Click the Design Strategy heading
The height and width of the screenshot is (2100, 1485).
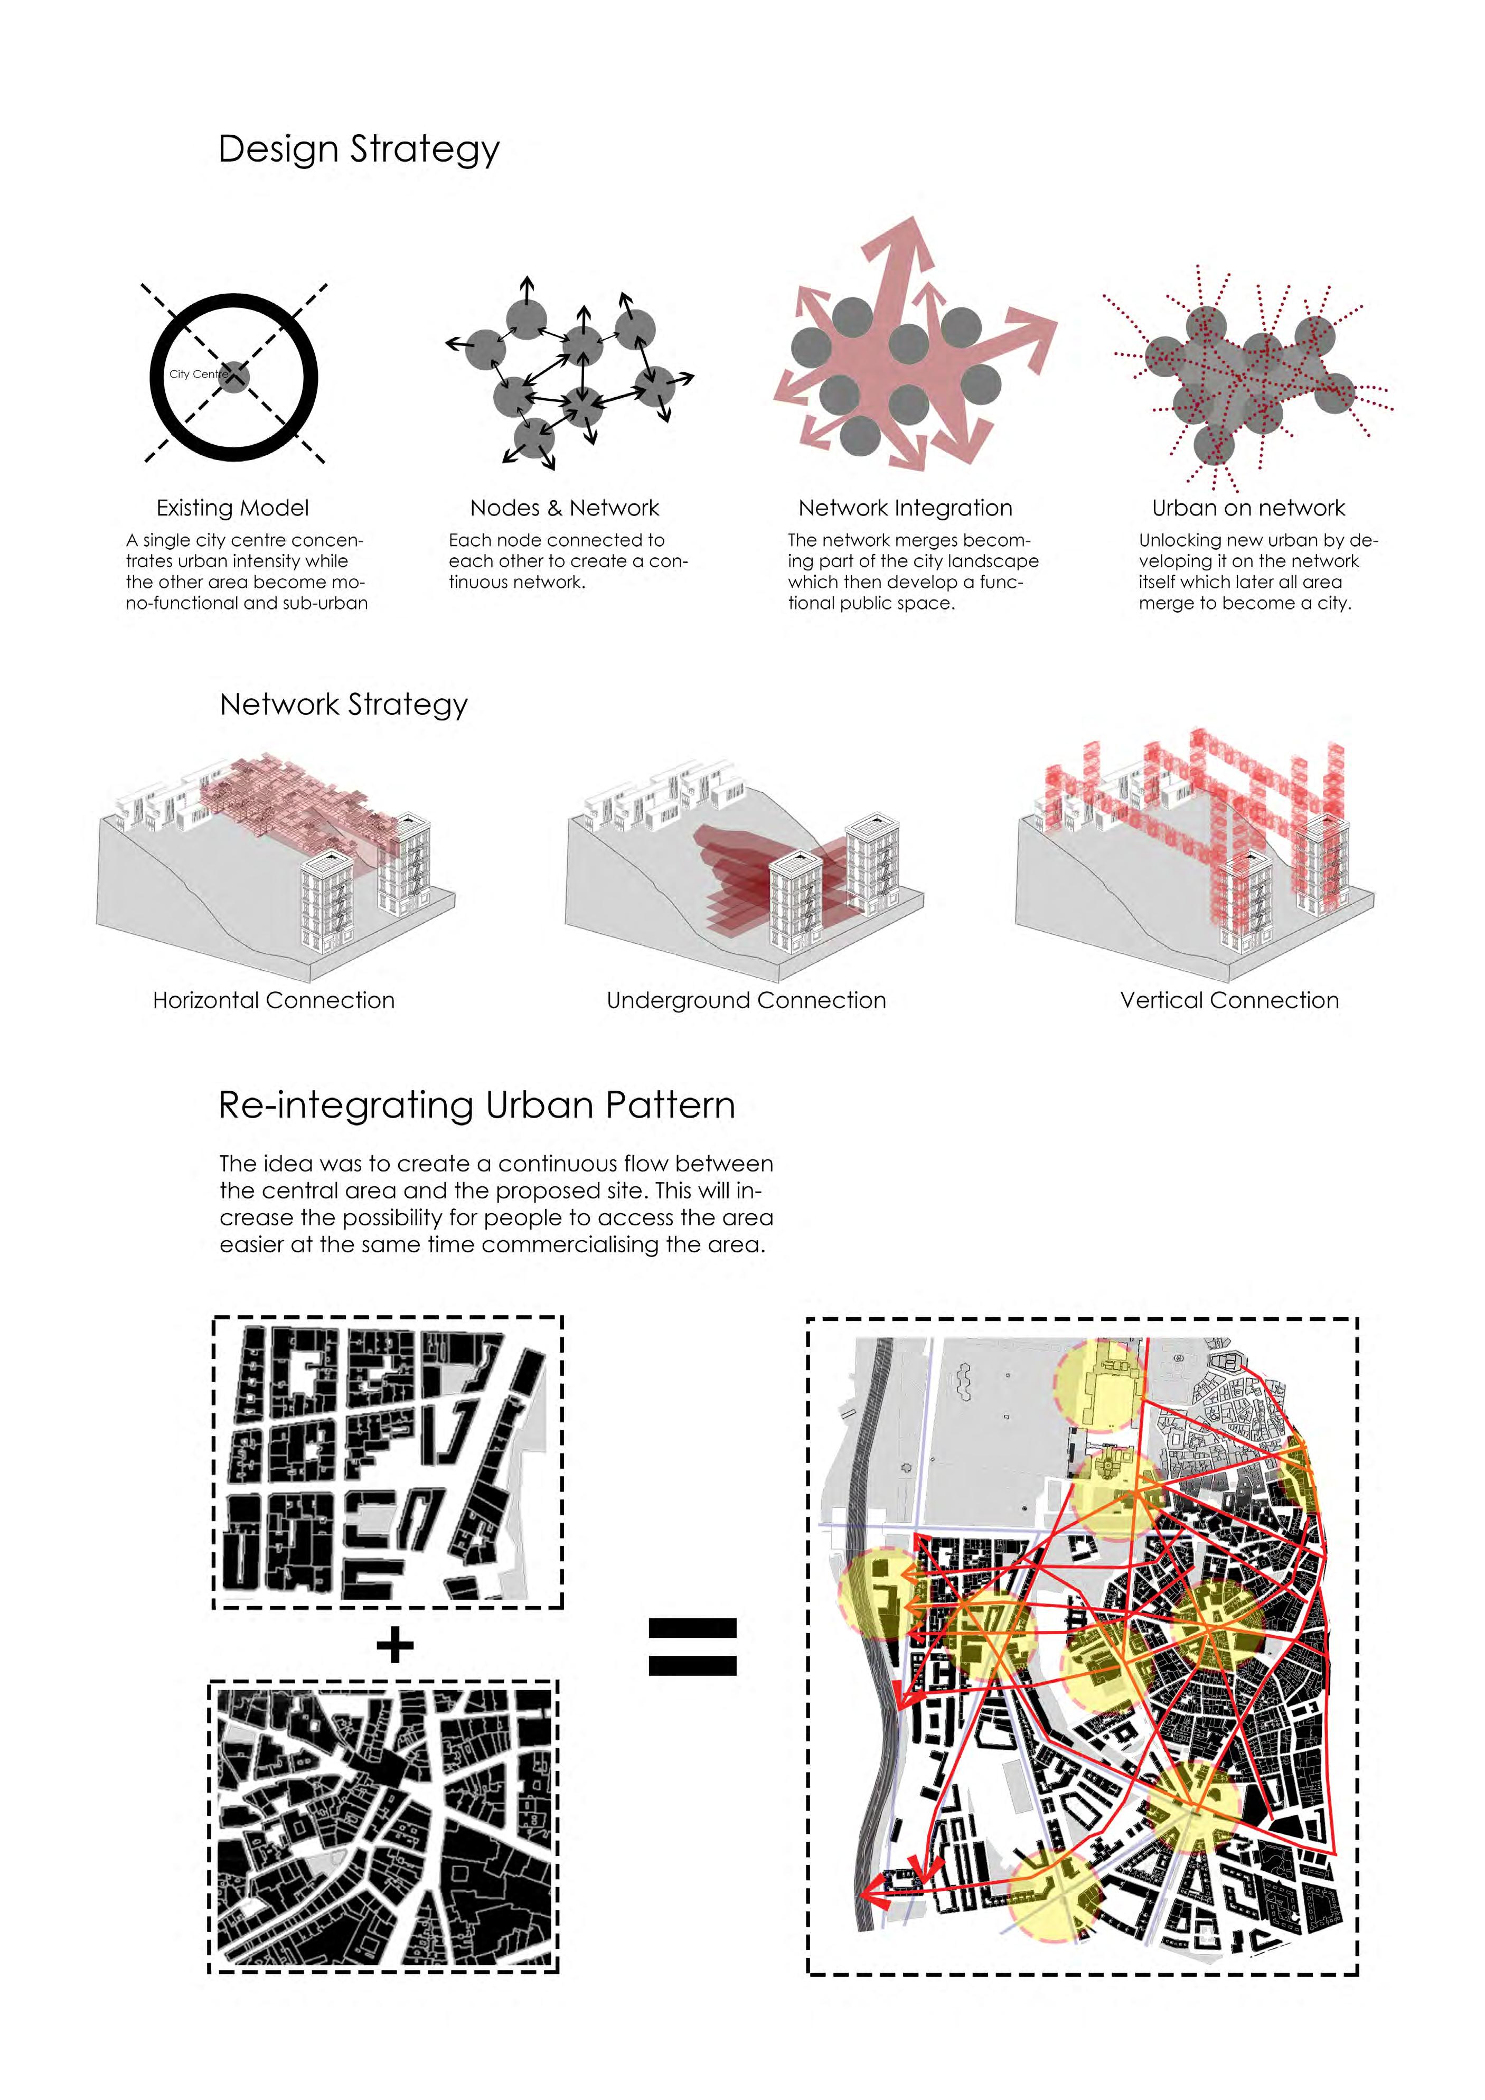click(x=359, y=149)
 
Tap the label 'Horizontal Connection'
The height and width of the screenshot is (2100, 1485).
click(x=274, y=1000)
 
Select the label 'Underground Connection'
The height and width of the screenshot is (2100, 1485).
click(x=746, y=1000)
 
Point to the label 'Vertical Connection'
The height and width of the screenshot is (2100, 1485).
click(x=1229, y=1000)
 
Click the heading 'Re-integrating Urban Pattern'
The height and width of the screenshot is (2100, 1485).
click(x=476, y=1106)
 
